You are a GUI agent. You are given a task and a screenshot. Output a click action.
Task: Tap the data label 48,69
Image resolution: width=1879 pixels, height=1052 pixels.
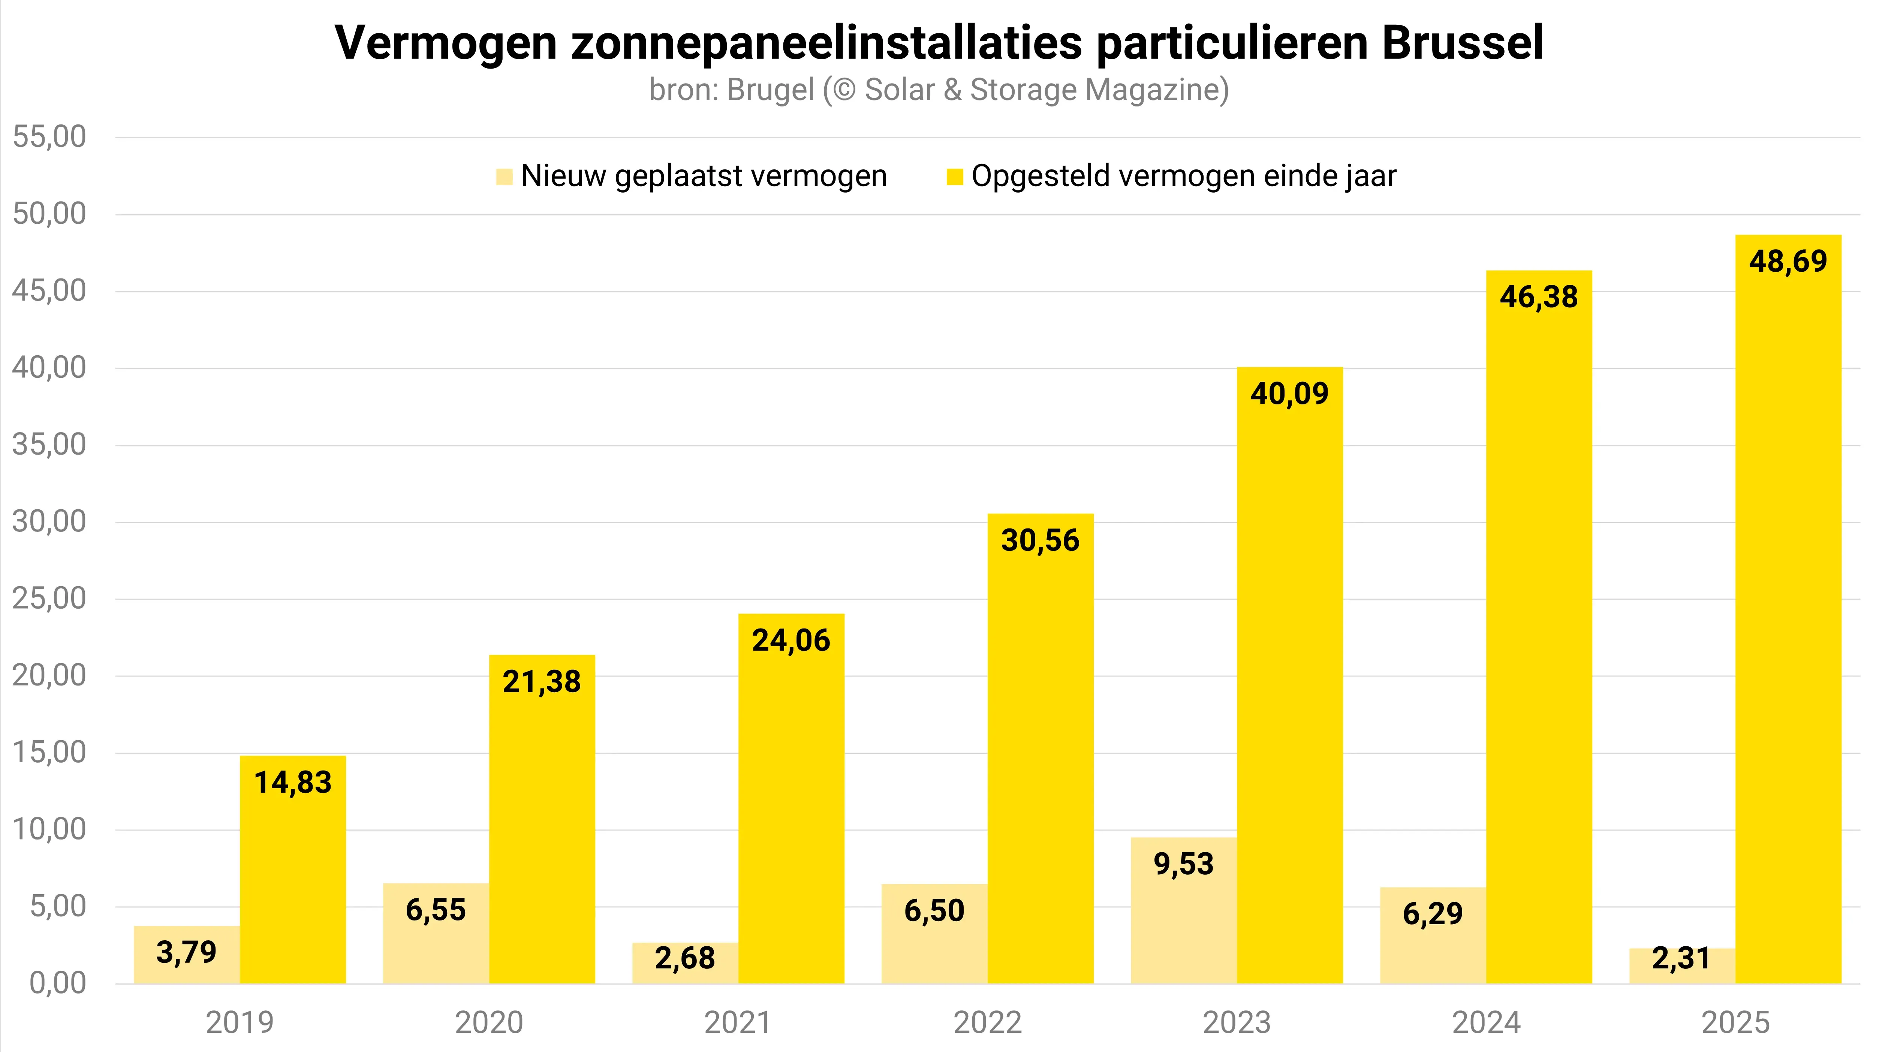pos(1788,261)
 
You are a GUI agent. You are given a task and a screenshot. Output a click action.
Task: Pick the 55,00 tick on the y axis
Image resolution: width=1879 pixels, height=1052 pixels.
pos(49,137)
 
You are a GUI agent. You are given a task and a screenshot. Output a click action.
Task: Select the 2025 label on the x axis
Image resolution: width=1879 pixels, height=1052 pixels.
pos(1735,1023)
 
